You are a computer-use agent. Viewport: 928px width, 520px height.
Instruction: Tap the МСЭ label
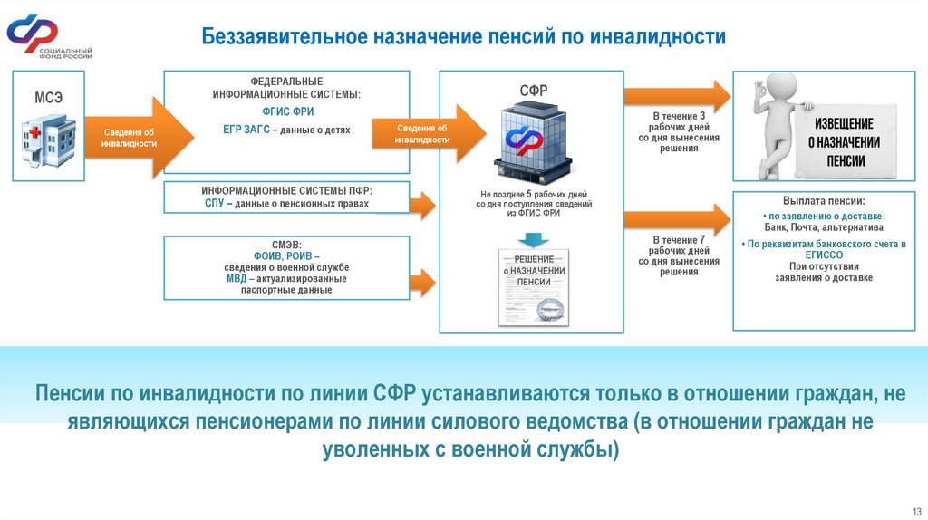(x=49, y=98)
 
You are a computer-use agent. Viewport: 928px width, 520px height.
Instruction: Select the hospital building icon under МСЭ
(x=49, y=140)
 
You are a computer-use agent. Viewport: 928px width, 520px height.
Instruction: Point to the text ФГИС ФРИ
(x=286, y=112)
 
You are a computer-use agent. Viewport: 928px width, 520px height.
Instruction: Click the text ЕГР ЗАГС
(x=246, y=130)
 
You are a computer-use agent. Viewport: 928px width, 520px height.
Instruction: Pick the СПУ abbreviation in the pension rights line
(x=214, y=204)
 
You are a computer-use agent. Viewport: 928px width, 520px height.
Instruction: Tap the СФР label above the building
(x=533, y=90)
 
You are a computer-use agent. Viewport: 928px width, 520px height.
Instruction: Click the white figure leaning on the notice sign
(x=774, y=127)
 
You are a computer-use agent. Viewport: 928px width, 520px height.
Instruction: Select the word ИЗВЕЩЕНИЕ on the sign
(x=844, y=123)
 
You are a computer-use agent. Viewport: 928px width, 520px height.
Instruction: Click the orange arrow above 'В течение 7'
(x=676, y=220)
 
